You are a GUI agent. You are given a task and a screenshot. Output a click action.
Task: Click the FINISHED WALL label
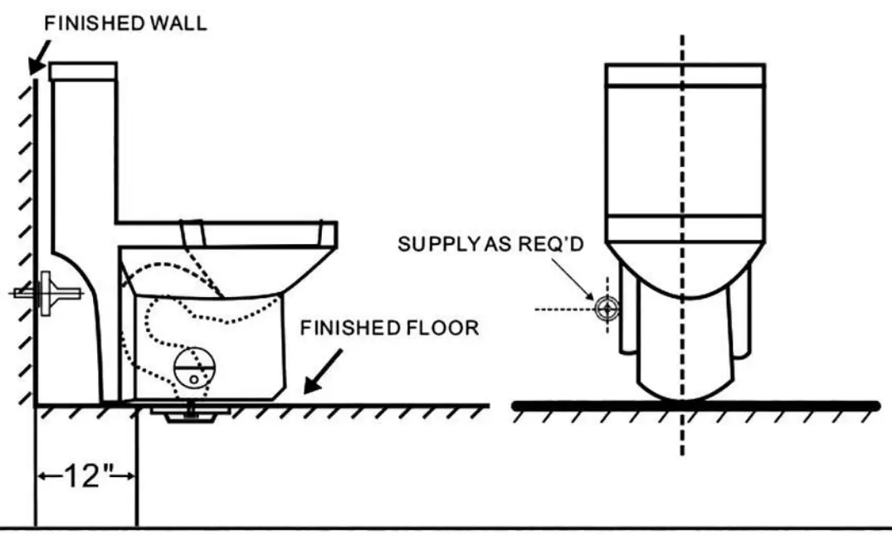coord(124,22)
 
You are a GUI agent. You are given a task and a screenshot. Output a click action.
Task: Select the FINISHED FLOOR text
coord(389,328)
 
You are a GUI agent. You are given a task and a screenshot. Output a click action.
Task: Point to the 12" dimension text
coord(86,476)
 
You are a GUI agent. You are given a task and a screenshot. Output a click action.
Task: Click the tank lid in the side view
coord(82,71)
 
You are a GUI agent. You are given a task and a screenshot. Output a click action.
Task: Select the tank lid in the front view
coord(685,75)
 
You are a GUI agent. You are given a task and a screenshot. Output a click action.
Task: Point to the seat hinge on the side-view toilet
coord(193,231)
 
